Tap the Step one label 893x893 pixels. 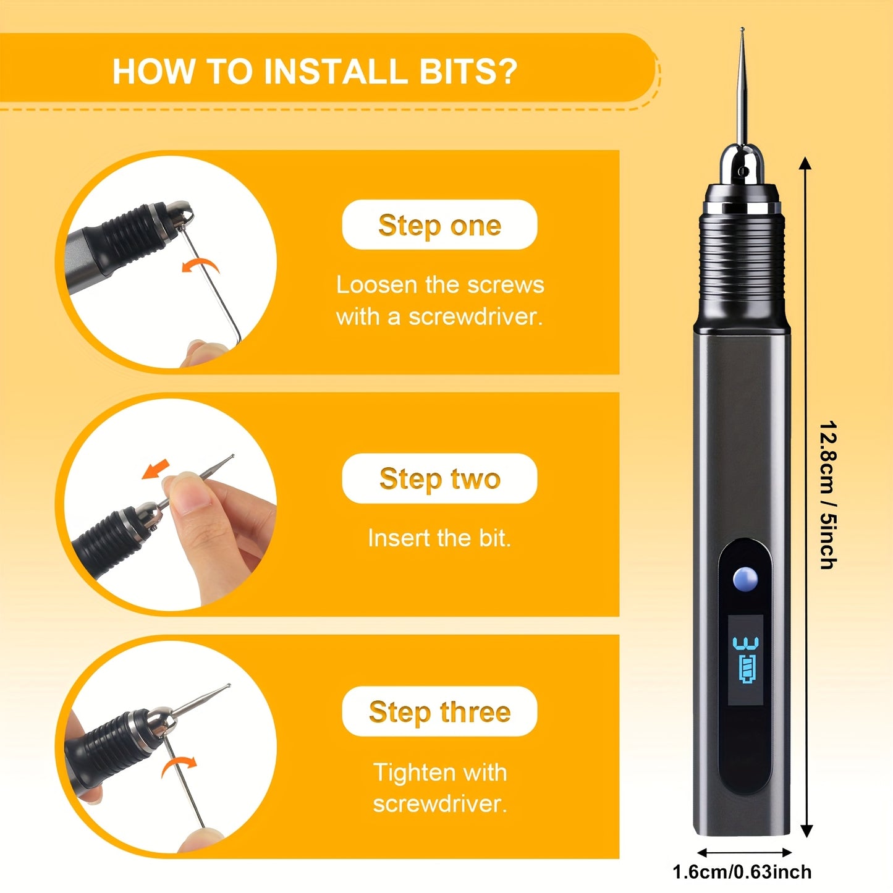coord(439,225)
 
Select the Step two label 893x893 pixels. coord(439,478)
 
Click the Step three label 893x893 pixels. coord(439,711)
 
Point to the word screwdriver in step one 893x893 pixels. coord(475,317)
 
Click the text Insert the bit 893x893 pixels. coord(439,538)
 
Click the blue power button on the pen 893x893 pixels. coord(745,579)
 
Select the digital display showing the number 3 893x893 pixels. coord(745,659)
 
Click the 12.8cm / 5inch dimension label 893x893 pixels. coord(827,494)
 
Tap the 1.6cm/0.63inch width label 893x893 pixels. coord(742,872)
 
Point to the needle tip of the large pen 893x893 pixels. coord(742,31)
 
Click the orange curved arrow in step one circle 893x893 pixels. coord(201,266)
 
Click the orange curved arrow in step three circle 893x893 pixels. coord(179,765)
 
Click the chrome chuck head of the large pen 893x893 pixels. coord(742,167)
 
